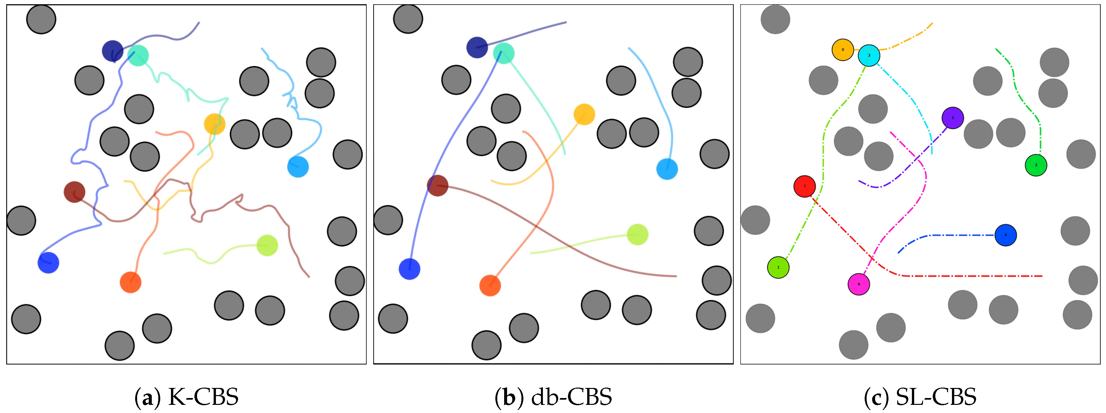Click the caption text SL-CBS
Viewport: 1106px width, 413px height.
pos(936,397)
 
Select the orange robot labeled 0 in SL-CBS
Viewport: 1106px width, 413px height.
pos(843,50)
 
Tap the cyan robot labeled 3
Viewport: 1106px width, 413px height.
pos(869,55)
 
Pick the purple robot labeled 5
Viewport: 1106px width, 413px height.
pos(952,118)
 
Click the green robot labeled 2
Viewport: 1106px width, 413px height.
pos(1036,165)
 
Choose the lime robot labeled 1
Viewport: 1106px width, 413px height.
pos(778,267)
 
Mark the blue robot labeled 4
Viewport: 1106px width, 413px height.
pos(1005,235)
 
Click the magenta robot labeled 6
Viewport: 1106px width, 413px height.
pos(859,284)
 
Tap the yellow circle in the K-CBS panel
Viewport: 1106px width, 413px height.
pos(215,124)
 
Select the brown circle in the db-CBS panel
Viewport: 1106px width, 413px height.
pos(437,185)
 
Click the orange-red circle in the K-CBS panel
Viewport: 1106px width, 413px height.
pos(131,282)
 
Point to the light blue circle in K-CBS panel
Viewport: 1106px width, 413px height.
pos(298,167)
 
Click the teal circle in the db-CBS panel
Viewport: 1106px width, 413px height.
pos(503,53)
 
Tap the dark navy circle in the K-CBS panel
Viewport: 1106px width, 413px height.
pos(112,51)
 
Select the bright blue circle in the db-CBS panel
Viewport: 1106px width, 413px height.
pos(409,269)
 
